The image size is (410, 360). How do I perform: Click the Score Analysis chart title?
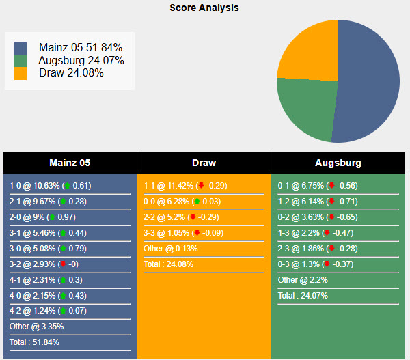click(204, 8)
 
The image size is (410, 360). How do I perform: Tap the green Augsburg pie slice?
click(307, 109)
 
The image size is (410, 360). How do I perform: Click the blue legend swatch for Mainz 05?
click(20, 48)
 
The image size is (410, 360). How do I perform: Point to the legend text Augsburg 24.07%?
click(81, 60)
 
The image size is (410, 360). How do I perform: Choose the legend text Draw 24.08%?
click(71, 72)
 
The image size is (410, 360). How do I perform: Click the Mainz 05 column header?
click(70, 163)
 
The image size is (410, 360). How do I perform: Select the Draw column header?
click(204, 163)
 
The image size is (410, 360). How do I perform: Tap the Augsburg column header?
click(338, 163)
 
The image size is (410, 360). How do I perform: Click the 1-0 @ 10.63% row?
click(51, 186)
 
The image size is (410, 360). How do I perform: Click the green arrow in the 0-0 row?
click(197, 202)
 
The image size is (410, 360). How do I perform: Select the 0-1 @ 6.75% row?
click(318, 186)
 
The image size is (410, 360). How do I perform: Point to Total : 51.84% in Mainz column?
click(35, 342)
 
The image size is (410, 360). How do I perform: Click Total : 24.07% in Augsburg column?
click(303, 295)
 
